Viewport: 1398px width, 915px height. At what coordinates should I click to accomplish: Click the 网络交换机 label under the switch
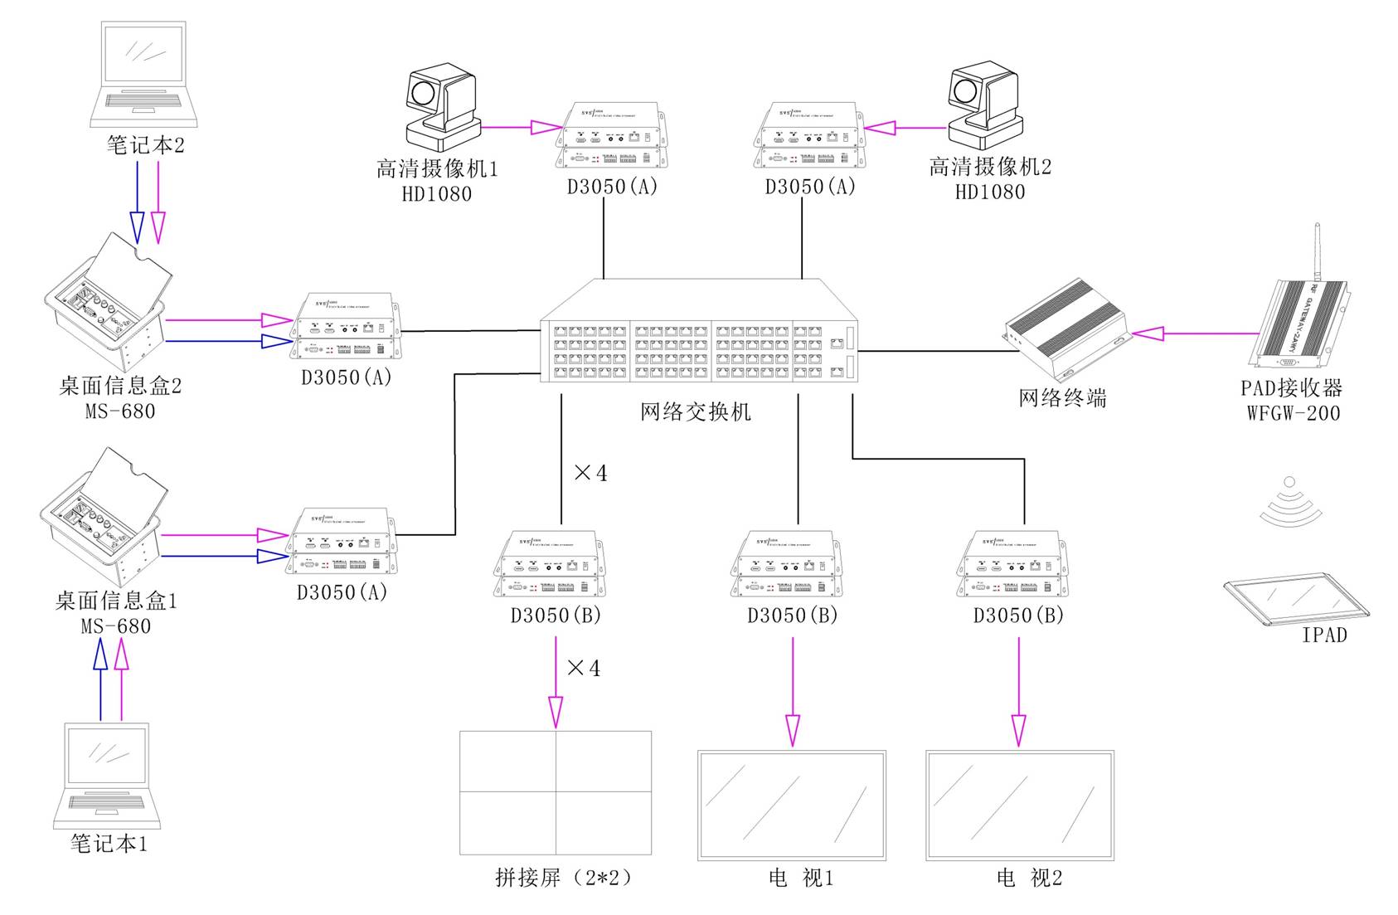pyautogui.click(x=695, y=411)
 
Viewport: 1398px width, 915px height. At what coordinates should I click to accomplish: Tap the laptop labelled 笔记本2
pyautogui.click(x=138, y=74)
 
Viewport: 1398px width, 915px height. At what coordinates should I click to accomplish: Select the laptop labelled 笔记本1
pyautogui.click(x=107, y=775)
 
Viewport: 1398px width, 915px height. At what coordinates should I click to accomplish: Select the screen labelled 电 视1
pyautogui.click(x=792, y=805)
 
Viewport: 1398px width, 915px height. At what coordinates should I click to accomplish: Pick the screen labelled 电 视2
pyautogui.click(x=1020, y=805)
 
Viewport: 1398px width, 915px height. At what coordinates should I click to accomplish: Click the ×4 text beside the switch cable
pyautogui.click(x=590, y=473)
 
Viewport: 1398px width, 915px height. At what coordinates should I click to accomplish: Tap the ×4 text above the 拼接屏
pyautogui.click(x=583, y=668)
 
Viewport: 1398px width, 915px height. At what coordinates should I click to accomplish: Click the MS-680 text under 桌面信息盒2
pyautogui.click(x=120, y=411)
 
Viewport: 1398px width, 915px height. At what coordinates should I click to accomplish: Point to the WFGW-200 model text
pyautogui.click(x=1294, y=412)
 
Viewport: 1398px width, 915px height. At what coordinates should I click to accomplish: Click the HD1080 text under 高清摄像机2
pyautogui.click(x=990, y=192)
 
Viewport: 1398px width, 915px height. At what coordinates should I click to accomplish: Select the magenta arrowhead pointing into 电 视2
pyautogui.click(x=1019, y=730)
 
